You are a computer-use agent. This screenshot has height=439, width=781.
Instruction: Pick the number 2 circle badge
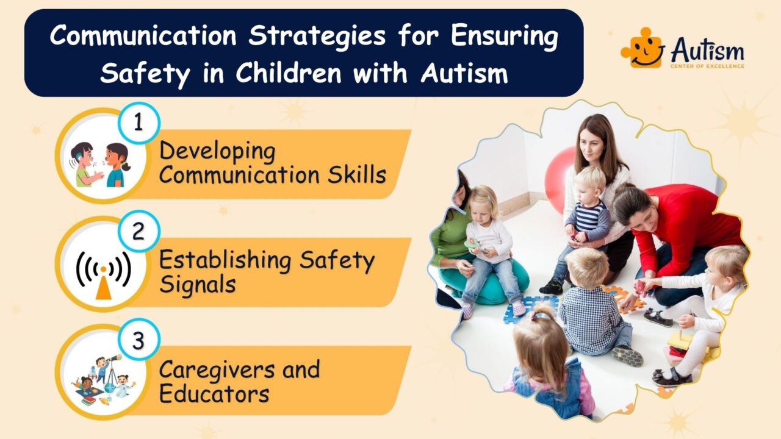click(139, 232)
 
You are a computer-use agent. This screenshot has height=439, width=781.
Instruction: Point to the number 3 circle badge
click(139, 341)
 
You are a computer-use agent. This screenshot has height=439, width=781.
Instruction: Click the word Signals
click(197, 284)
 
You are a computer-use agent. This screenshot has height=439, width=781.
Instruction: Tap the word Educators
click(214, 393)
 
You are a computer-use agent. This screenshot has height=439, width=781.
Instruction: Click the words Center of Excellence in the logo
click(707, 65)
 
